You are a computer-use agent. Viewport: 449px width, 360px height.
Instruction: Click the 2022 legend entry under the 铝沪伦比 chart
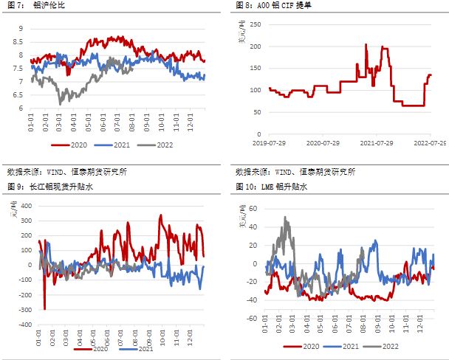[x=160, y=146]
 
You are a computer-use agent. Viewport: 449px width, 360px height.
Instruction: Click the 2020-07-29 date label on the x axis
[x=322, y=142]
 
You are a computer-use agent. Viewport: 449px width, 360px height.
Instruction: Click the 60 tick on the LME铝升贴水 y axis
[x=254, y=209]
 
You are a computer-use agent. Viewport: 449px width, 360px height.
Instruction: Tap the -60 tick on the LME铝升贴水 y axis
[x=253, y=318]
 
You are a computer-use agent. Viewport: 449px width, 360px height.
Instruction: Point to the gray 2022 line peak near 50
[x=286, y=218]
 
